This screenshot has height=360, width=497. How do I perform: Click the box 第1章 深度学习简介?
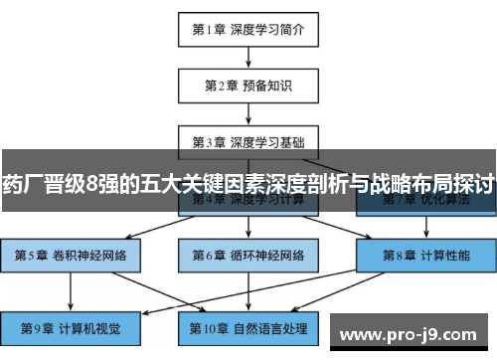coord(248,29)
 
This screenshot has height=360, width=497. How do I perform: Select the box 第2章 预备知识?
coord(248,85)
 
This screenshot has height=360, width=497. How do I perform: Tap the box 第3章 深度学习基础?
coord(248,140)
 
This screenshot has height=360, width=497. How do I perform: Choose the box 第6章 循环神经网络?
coord(248,255)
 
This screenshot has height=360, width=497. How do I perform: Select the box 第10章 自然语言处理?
coord(248,326)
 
